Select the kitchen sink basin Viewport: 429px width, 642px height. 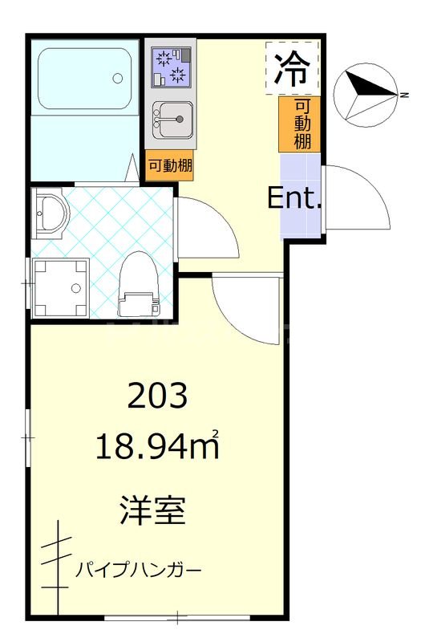(170, 121)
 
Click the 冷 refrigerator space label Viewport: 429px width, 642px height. (292, 69)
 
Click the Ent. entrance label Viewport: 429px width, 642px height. (294, 197)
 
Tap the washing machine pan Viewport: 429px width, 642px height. (60, 286)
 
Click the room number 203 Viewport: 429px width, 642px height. (158, 396)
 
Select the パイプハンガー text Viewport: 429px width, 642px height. (139, 571)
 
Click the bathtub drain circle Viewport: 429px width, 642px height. (118, 79)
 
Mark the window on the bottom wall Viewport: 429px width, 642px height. (176, 618)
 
